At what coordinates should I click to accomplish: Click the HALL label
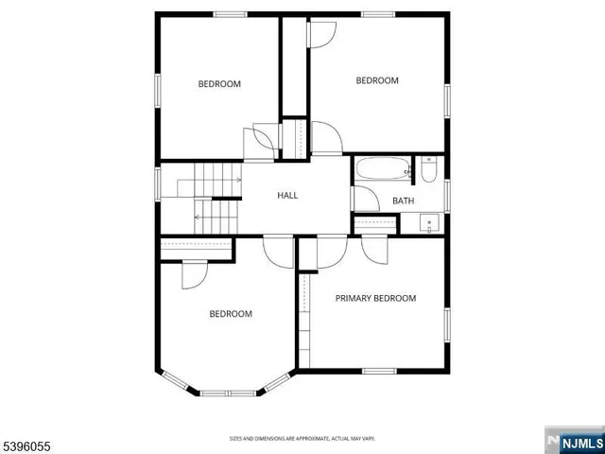(x=287, y=196)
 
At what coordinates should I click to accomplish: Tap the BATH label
(x=404, y=201)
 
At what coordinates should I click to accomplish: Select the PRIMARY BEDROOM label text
(x=375, y=298)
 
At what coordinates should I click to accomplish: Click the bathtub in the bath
(x=383, y=171)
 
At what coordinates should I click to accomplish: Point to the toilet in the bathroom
(x=429, y=170)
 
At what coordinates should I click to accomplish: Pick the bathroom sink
(x=430, y=224)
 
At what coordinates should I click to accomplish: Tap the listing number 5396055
(x=27, y=441)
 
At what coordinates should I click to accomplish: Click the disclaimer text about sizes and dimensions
(x=302, y=438)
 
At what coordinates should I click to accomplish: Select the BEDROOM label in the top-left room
(x=219, y=84)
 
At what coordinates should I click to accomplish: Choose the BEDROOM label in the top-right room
(x=377, y=81)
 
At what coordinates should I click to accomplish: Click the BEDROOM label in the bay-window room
(x=231, y=314)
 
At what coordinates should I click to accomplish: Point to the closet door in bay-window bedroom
(x=191, y=273)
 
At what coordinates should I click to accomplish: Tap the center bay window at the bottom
(x=227, y=392)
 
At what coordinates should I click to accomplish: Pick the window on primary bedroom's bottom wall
(x=379, y=370)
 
